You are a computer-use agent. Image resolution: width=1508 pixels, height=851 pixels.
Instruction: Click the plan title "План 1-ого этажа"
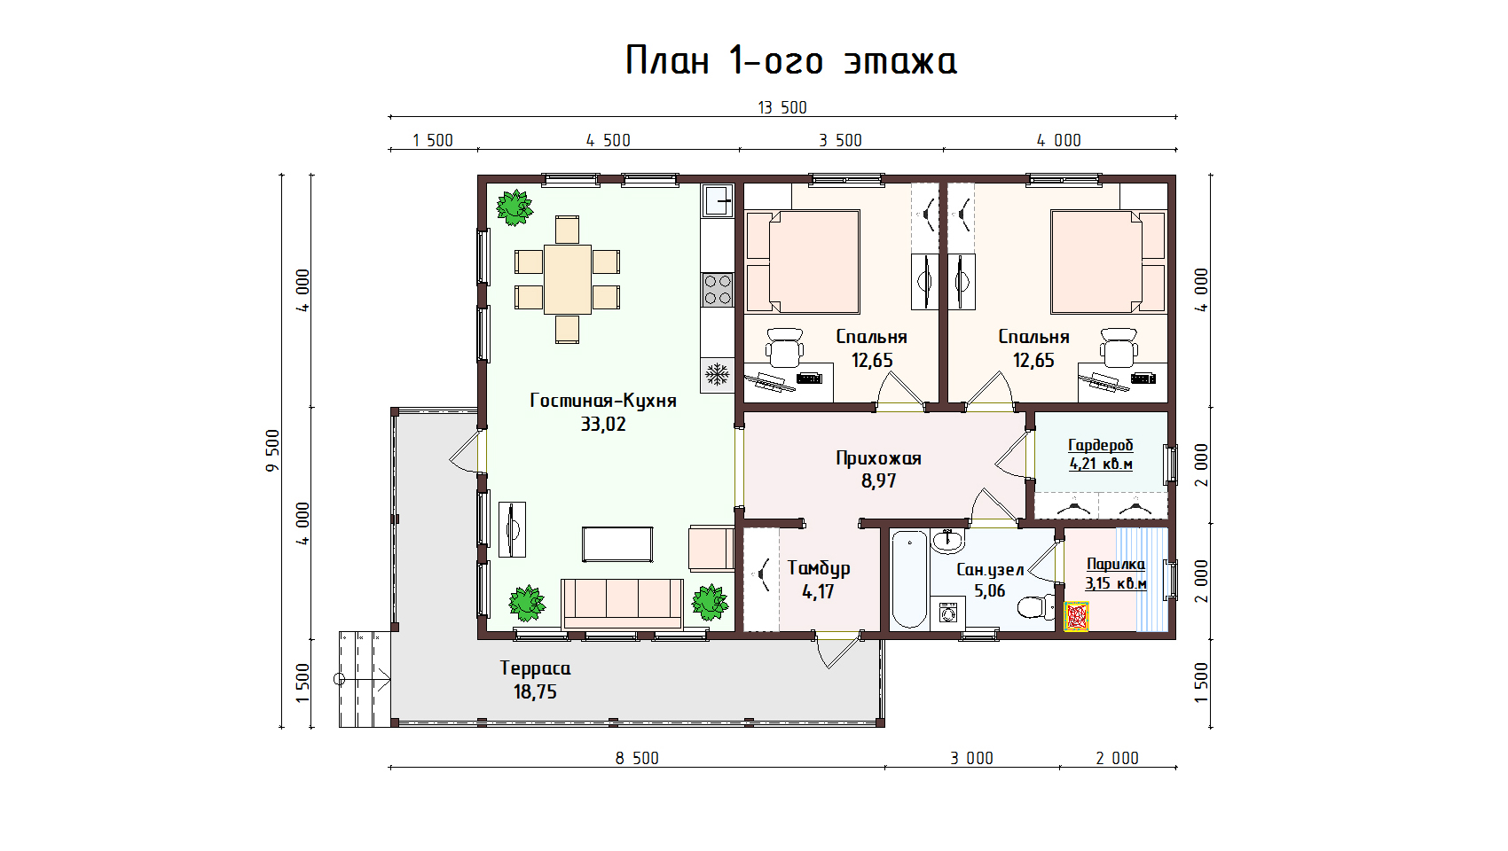791,61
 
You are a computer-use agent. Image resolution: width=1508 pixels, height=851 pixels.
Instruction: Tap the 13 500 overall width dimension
782,107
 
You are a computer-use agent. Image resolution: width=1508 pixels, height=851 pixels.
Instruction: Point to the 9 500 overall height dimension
272,450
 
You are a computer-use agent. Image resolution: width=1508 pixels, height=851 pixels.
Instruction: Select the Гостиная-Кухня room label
603,401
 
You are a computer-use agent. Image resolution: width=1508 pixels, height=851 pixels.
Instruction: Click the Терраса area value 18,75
535,692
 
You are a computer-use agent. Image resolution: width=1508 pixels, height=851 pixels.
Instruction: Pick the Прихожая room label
878,459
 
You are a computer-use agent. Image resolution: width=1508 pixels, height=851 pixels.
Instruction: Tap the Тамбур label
819,569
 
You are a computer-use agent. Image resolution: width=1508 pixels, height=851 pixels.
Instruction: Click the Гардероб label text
1101,445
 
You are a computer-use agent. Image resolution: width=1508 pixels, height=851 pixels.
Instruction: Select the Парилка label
1116,565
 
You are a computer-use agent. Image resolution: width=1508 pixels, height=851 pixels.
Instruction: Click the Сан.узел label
990,571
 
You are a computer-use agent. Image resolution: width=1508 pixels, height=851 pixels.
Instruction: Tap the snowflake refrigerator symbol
717,374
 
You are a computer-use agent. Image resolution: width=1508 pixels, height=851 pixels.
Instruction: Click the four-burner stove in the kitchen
717,289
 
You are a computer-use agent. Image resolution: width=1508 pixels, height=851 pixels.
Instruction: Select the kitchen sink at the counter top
717,200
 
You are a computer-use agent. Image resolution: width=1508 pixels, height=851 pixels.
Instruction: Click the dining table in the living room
568,279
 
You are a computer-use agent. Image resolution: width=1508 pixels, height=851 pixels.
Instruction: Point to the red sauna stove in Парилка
1076,617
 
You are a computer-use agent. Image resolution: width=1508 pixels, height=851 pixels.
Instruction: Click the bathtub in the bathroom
909,580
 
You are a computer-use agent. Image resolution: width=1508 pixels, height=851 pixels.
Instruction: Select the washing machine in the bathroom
947,613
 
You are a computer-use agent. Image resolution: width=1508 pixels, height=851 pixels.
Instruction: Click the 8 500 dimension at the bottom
637,758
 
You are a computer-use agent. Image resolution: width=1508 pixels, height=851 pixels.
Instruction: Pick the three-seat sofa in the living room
622,604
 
